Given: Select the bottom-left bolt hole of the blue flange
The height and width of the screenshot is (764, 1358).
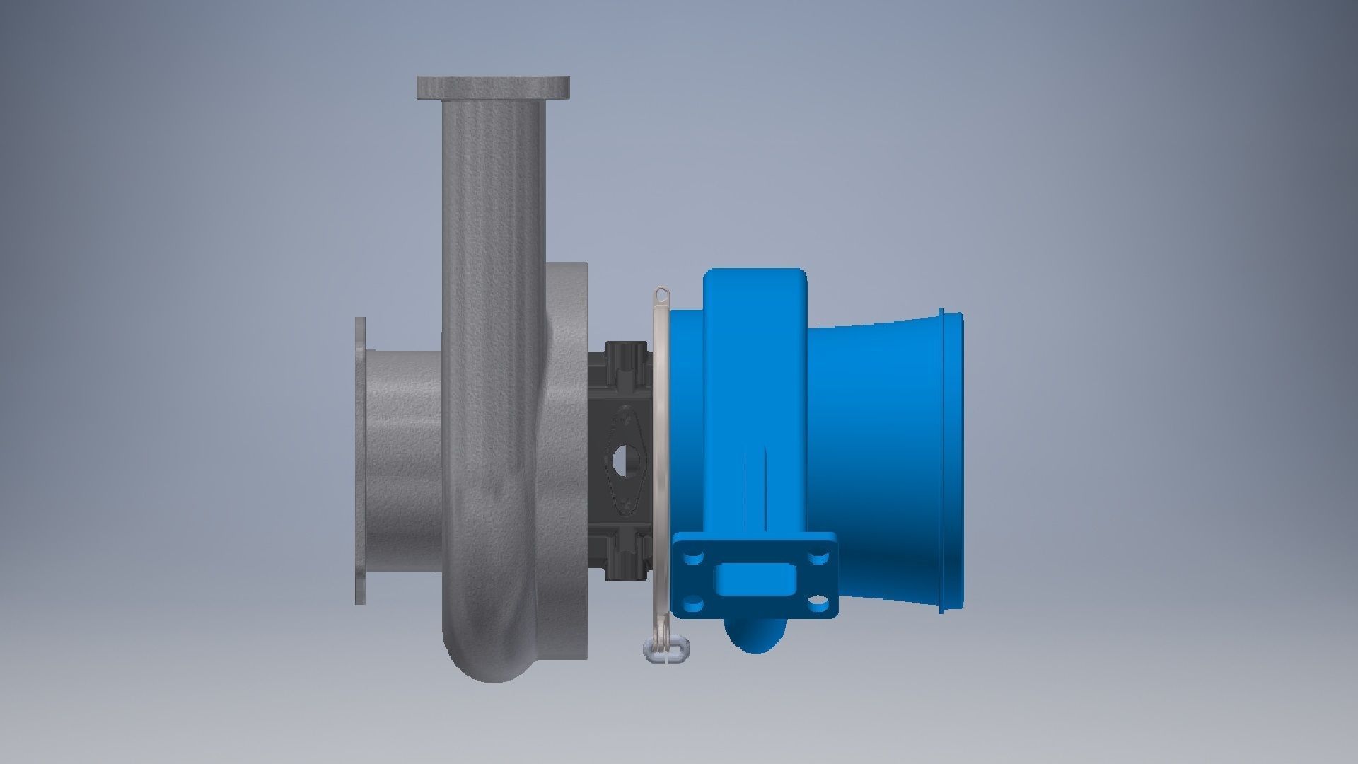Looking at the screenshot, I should pyautogui.click(x=693, y=603).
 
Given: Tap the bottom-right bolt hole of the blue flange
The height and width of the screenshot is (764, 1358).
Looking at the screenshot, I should pyautogui.click(x=819, y=603).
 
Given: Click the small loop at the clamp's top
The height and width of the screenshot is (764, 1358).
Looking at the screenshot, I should pyautogui.click(x=661, y=293).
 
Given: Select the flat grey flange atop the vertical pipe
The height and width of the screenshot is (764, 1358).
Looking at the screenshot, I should pyautogui.click(x=493, y=88).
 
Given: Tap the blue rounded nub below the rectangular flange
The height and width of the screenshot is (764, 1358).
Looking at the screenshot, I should pyautogui.click(x=756, y=634).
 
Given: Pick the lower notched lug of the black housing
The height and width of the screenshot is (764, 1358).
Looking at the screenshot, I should pyautogui.click(x=626, y=557).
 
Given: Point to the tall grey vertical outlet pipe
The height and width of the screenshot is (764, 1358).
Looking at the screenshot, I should pyautogui.click(x=493, y=283).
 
